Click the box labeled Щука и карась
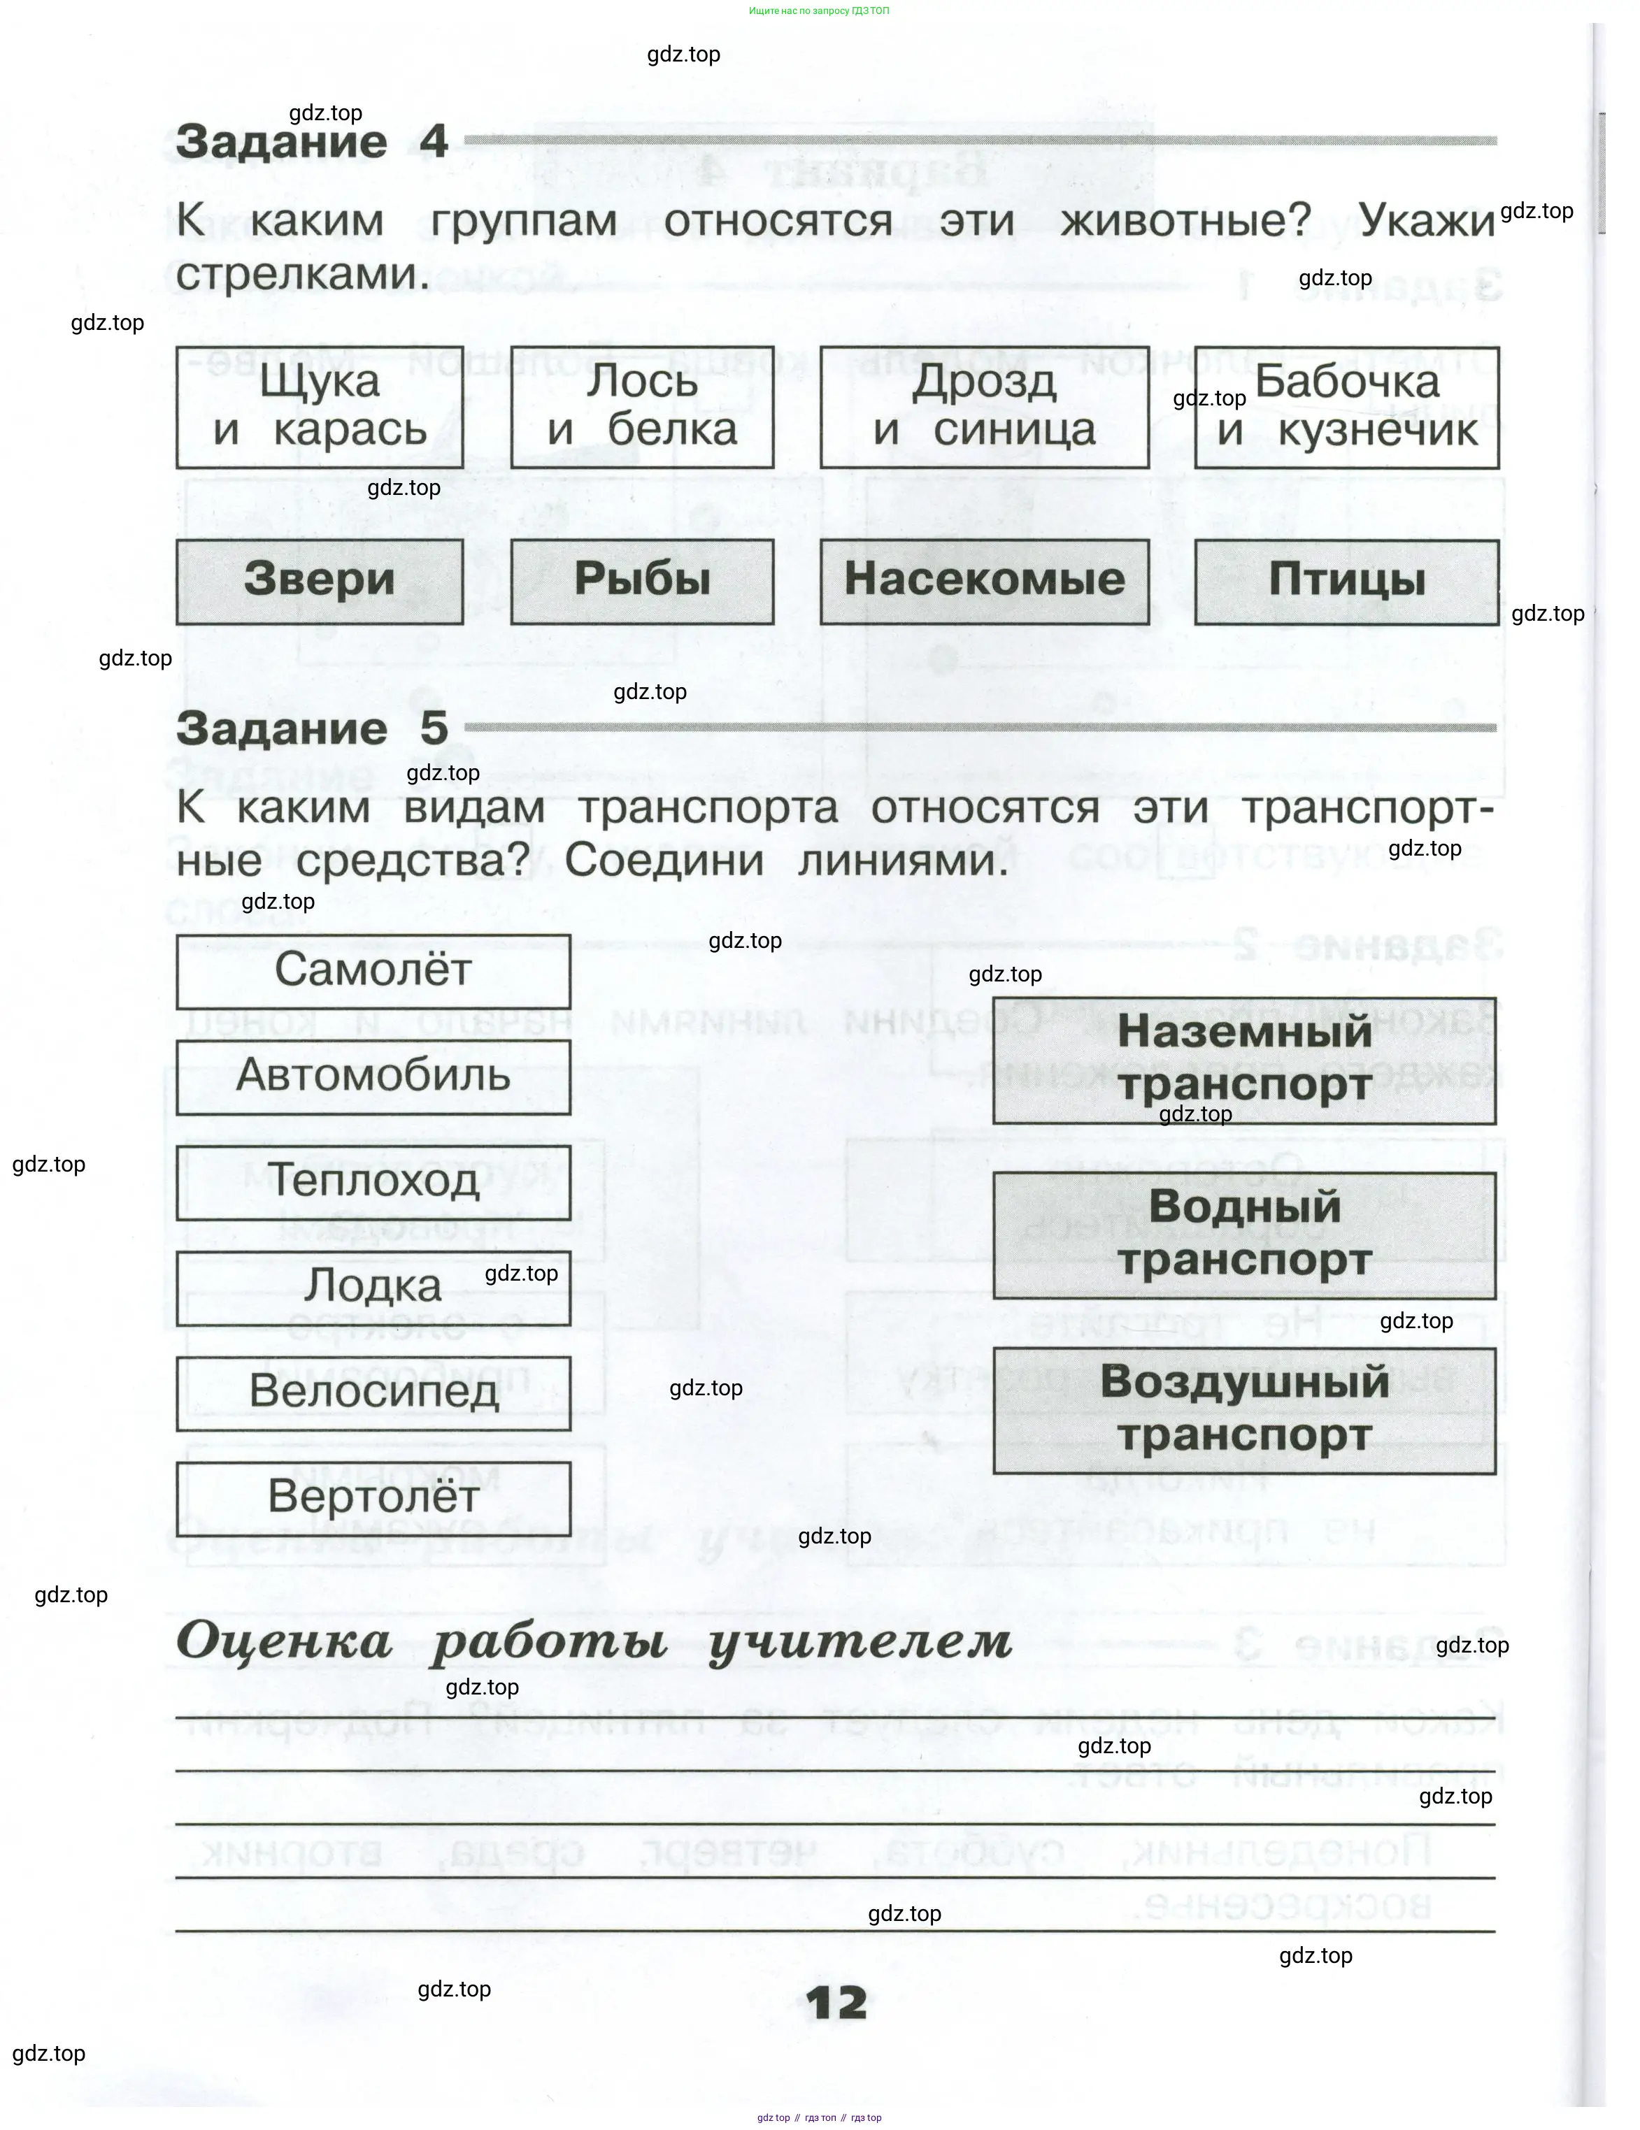click(x=319, y=407)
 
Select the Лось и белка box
click(x=641, y=407)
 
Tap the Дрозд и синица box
click(x=983, y=407)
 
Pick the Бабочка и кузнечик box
click(x=1346, y=407)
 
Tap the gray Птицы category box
click(x=1346, y=582)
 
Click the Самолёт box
click(x=373, y=970)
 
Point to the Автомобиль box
click(x=373, y=1076)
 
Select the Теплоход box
click(x=373, y=1181)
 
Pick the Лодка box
click(x=373, y=1286)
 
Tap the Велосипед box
click(x=373, y=1392)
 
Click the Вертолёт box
click(x=373, y=1497)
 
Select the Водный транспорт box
click(x=1244, y=1234)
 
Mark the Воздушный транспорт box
click(x=1244, y=1409)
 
